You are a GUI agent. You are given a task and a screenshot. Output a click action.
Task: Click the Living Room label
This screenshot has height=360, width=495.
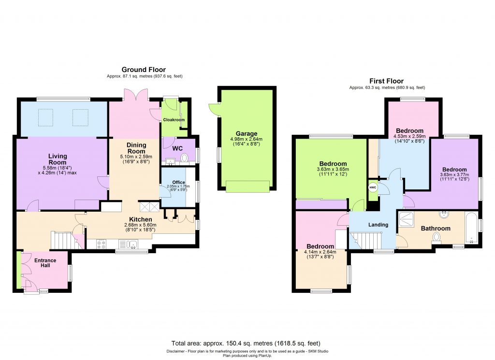58,159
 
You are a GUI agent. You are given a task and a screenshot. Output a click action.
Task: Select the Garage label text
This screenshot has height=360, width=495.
247,134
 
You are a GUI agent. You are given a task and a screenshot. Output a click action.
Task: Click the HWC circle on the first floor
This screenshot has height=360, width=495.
373,187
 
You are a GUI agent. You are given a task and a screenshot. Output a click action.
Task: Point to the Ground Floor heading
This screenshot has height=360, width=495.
144,70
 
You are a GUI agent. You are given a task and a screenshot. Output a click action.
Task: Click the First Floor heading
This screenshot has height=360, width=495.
386,81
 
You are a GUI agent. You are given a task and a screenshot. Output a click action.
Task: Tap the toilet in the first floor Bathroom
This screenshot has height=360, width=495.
437,237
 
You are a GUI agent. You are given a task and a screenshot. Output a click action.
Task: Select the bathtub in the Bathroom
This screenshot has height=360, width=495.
470,227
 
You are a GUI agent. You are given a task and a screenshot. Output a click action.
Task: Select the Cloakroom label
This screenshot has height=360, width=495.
174,120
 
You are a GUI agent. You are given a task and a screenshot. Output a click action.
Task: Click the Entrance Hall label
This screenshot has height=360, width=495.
45,263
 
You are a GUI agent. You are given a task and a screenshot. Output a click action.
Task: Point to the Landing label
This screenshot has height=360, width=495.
379,225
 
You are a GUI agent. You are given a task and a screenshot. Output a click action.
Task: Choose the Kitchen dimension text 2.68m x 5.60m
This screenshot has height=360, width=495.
141,227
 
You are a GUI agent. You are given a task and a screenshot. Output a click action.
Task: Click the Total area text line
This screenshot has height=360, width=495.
246,344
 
